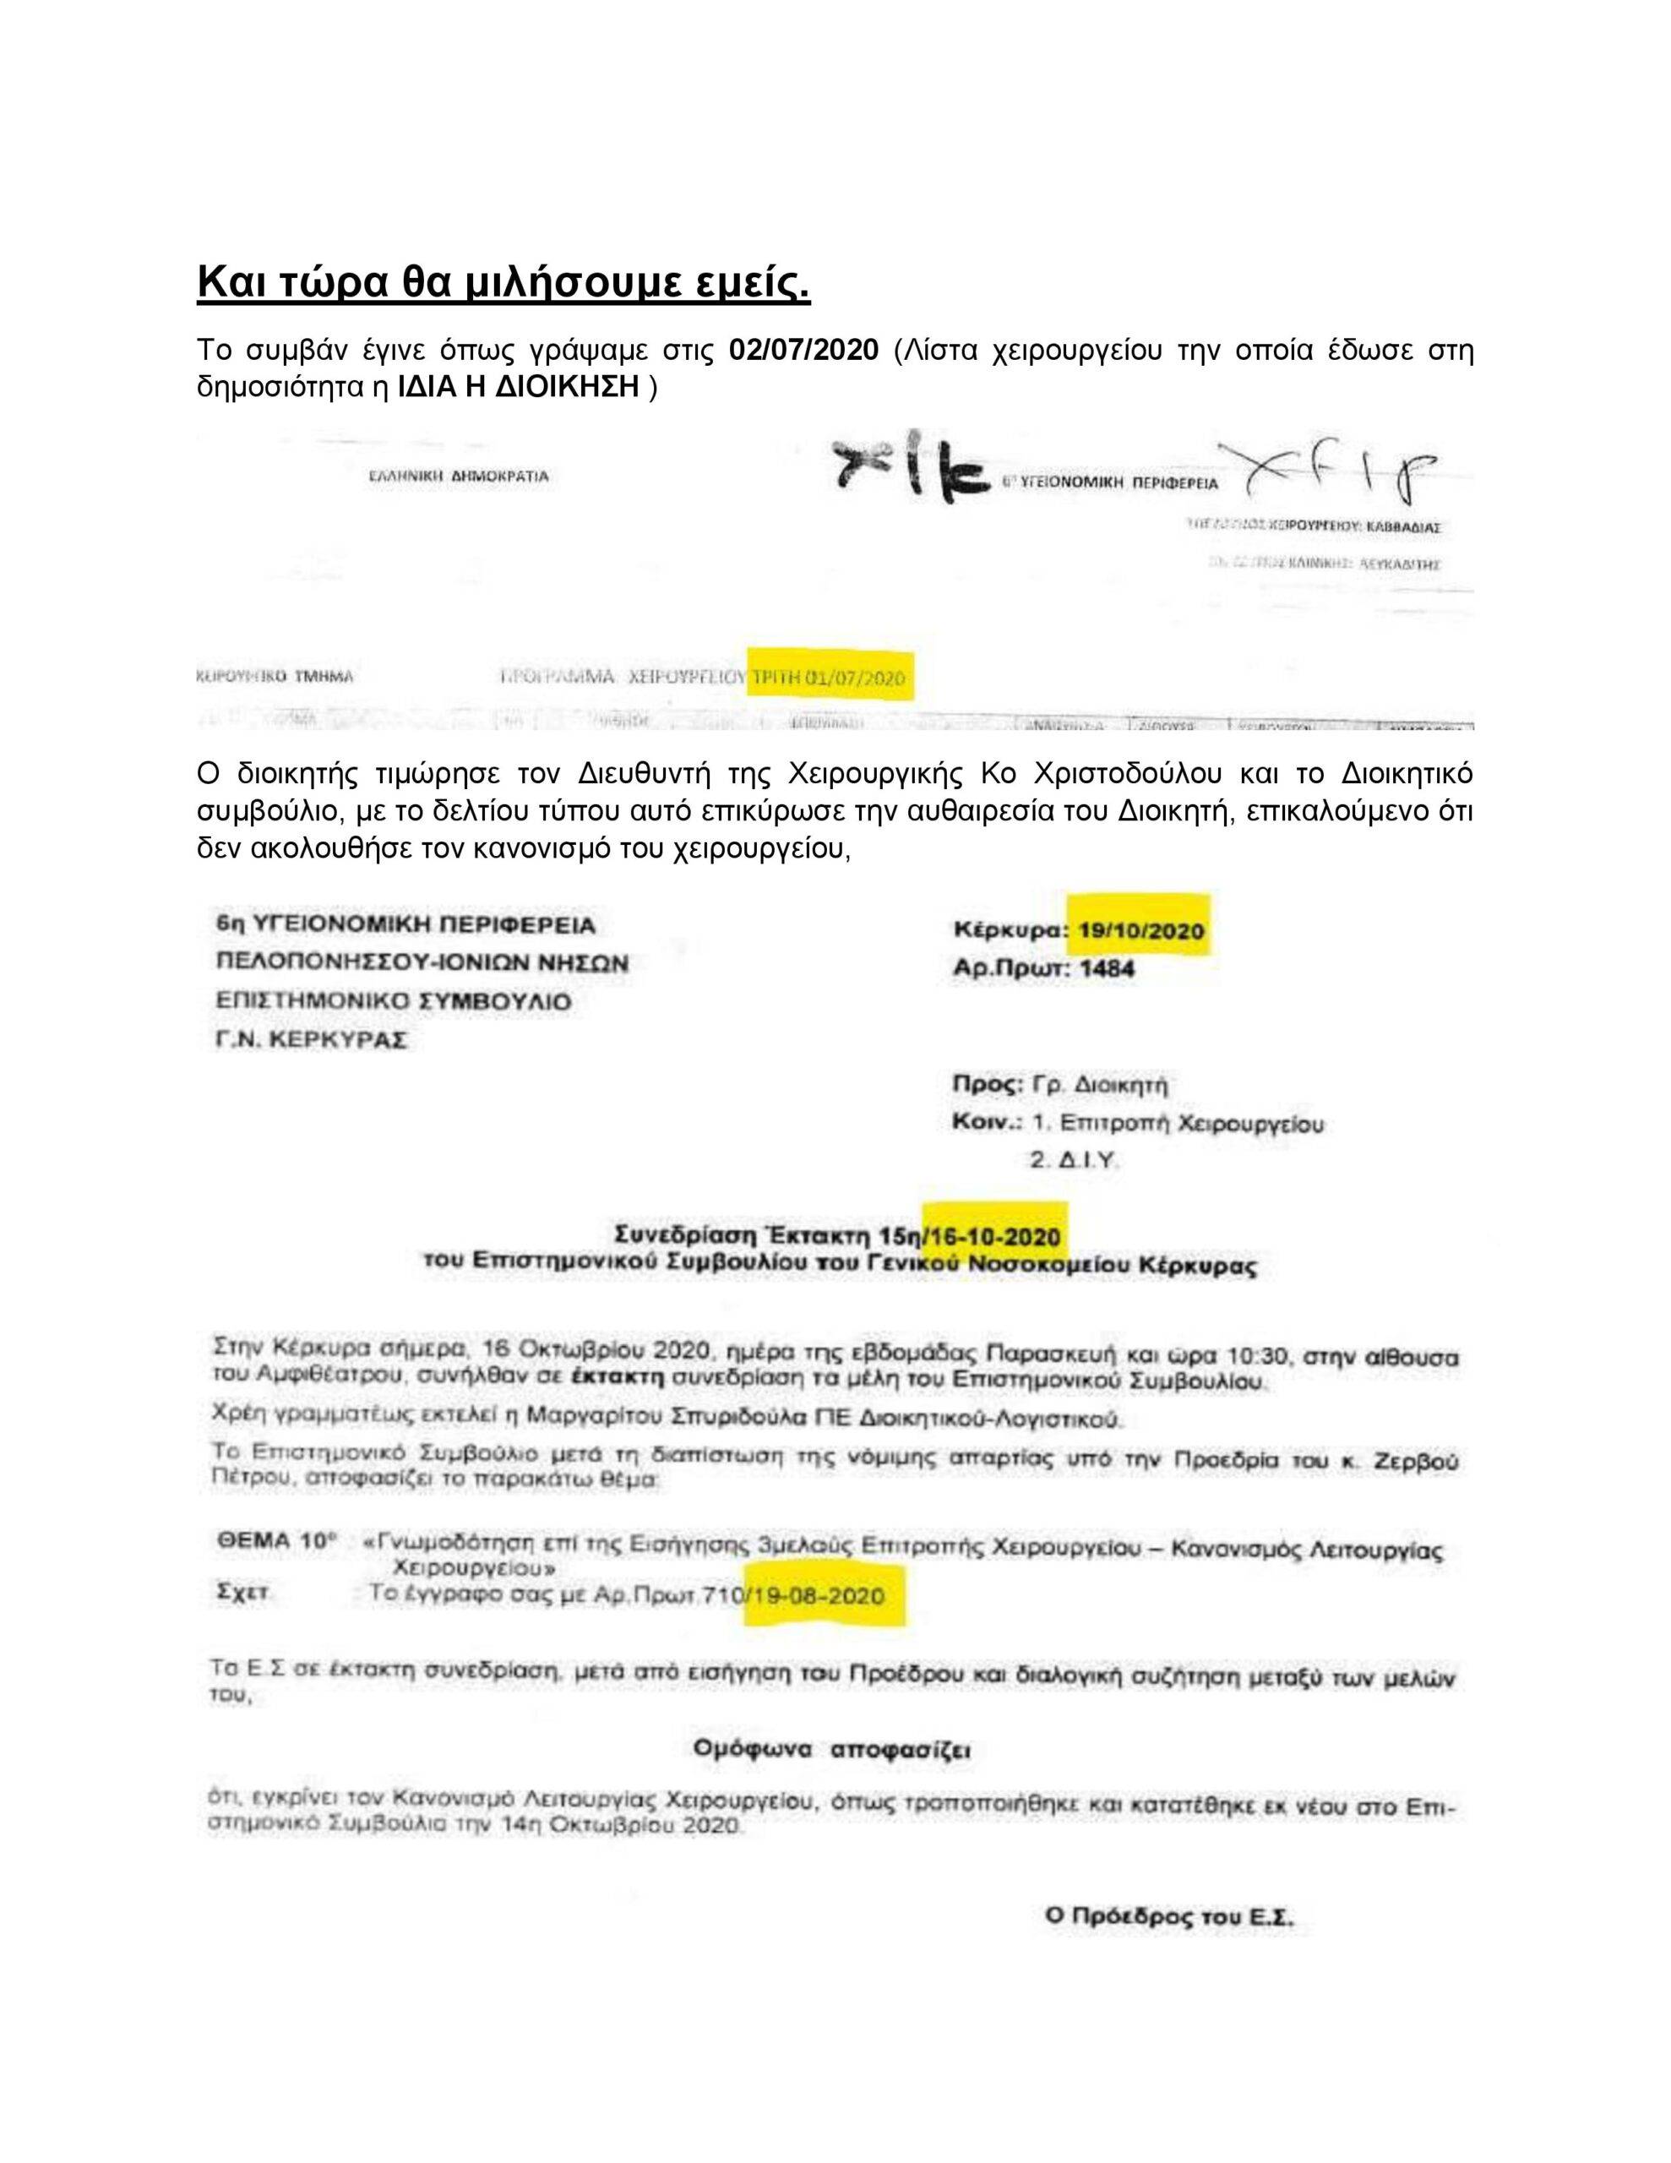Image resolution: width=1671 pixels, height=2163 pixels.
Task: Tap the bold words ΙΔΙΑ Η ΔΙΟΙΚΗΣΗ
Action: (x=518, y=387)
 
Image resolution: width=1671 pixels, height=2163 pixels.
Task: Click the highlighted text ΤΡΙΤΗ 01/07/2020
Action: (x=828, y=678)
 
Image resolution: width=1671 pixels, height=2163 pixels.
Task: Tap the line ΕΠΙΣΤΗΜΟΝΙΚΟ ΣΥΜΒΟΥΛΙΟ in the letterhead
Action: (x=393, y=1001)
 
